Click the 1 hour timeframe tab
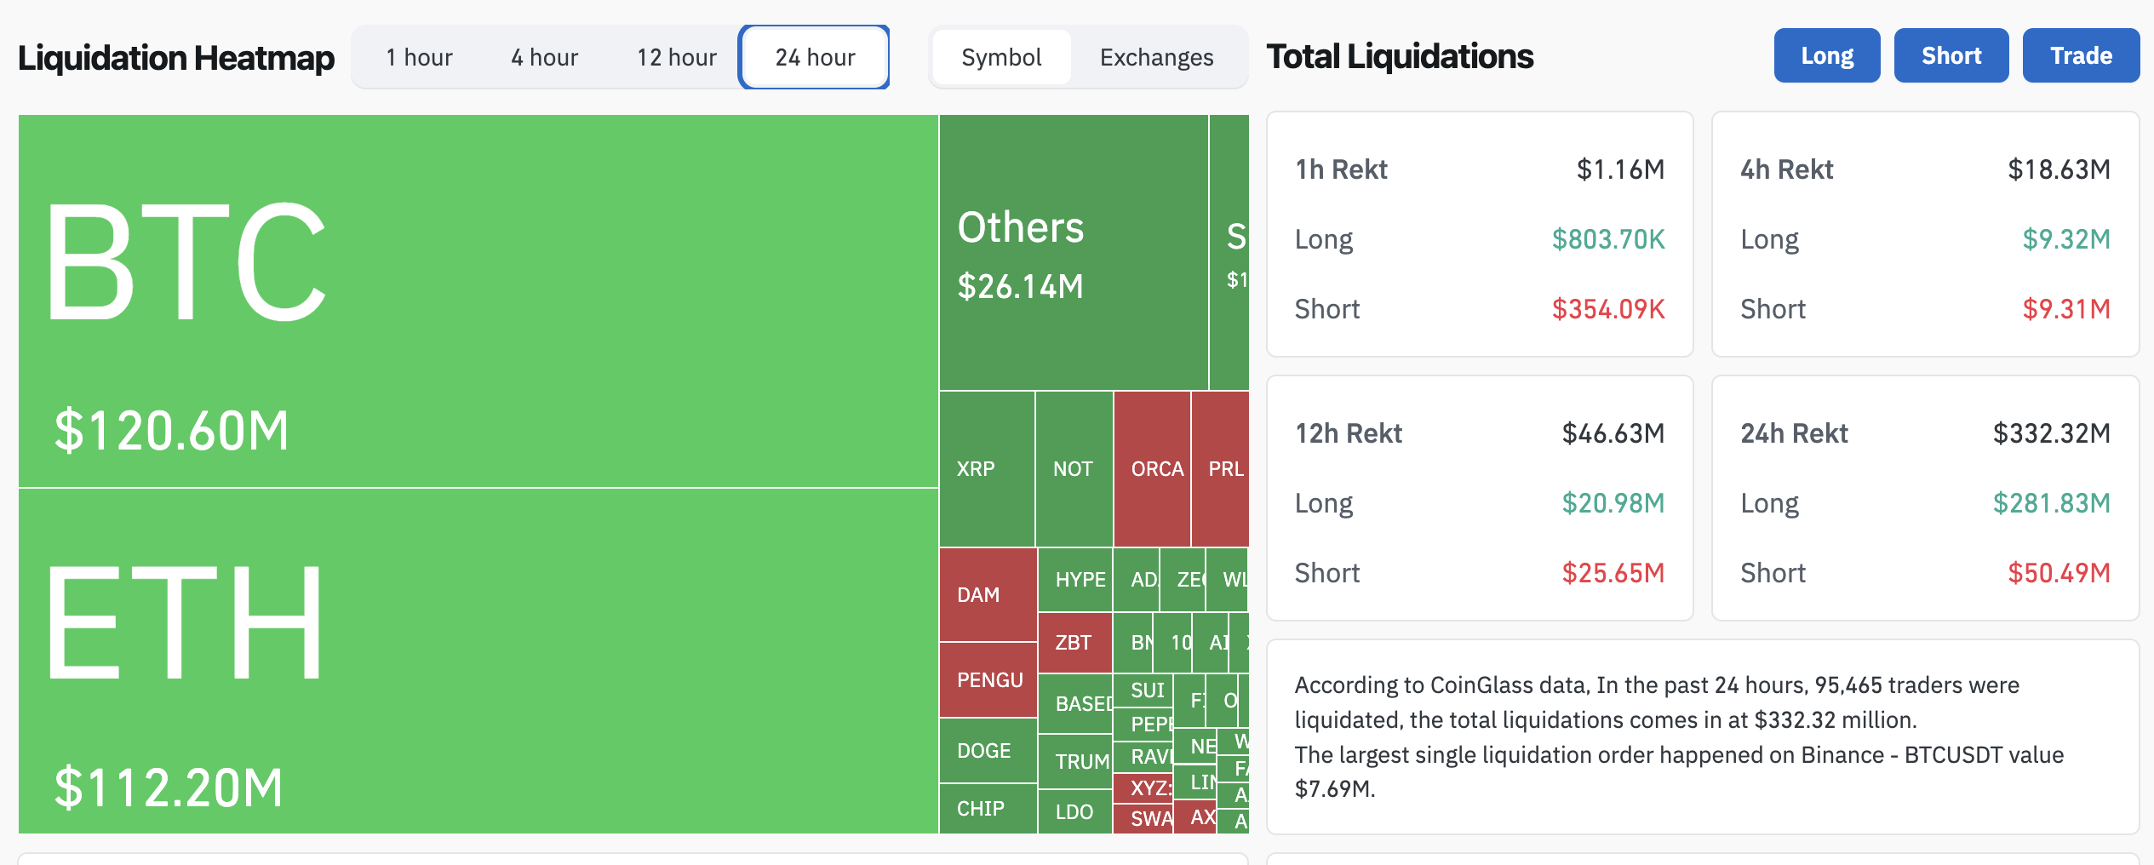(419, 57)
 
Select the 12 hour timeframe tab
(677, 57)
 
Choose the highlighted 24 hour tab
(815, 57)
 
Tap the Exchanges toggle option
(1156, 57)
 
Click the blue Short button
(1951, 55)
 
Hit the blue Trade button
(2081, 55)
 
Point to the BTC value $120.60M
(172, 430)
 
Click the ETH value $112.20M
(169, 788)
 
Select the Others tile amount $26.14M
(1020, 287)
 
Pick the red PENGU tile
(988, 680)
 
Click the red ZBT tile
(1073, 643)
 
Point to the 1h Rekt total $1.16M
(1620, 169)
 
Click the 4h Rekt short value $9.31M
(2066, 309)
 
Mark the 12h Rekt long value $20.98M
(1613, 503)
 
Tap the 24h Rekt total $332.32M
(2051, 433)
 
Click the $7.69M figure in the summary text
(1333, 789)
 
